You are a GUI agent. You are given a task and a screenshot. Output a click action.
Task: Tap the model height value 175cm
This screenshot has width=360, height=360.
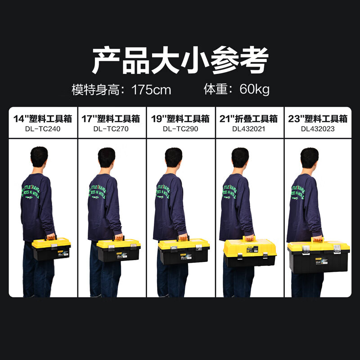152,90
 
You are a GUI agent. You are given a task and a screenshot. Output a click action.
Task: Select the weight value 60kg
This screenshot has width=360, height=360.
254,89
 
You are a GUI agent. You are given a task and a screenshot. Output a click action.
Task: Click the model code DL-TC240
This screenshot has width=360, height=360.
44,129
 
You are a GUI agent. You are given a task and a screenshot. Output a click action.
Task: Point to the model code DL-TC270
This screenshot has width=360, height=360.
112,129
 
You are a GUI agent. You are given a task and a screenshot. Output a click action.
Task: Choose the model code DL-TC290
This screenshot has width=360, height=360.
181,129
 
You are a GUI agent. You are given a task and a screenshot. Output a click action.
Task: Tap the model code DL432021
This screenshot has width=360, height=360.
249,129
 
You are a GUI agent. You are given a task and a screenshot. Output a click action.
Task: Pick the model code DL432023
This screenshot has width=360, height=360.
318,129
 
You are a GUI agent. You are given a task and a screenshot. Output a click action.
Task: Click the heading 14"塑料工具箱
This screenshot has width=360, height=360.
44,119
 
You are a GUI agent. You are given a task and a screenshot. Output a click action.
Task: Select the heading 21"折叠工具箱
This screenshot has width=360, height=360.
249,119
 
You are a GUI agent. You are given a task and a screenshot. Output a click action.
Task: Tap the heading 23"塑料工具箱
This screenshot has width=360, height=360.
318,119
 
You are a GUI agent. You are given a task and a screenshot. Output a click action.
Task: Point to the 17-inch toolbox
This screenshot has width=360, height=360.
119,250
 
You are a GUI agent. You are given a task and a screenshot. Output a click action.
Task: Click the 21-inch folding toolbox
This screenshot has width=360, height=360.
250,253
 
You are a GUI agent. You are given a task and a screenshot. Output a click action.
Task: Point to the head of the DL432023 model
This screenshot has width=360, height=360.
310,158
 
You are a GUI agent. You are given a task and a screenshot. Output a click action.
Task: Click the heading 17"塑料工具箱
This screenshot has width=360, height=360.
112,119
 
